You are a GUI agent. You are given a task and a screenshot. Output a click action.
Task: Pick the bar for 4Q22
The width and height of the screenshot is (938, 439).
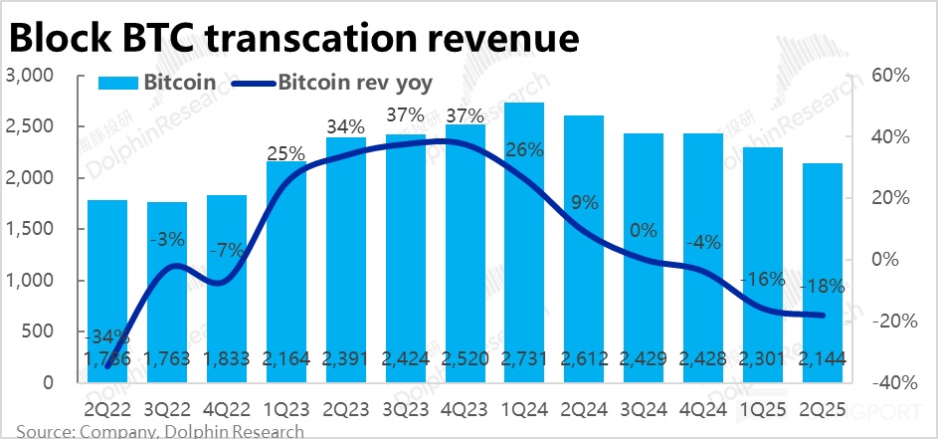point(227,289)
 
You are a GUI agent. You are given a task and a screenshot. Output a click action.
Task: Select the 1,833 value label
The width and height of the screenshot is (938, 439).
point(226,359)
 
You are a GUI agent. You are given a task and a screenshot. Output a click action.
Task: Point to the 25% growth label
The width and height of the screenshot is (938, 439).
point(286,152)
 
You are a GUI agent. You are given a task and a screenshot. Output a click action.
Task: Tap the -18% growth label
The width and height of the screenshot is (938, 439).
point(823,286)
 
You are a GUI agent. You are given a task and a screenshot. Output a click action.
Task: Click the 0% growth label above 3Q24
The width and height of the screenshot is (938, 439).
point(644,231)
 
